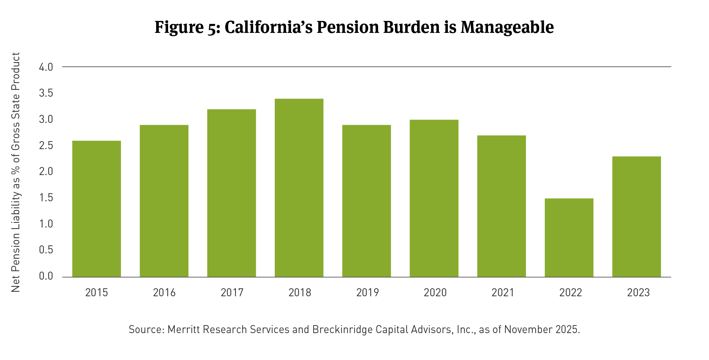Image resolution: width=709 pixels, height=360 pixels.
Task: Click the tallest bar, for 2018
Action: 299,188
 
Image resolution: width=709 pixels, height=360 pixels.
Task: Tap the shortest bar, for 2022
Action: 569,237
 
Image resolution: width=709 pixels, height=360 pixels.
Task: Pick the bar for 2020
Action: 434,198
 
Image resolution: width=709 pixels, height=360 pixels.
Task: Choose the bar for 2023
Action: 637,217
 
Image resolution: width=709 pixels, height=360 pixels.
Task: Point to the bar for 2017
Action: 232,193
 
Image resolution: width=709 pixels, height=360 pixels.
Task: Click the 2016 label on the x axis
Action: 164,293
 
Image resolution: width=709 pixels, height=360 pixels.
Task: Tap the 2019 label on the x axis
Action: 367,293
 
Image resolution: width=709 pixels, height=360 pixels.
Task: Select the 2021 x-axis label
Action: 503,293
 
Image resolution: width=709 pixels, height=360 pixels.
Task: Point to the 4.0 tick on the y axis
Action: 46,67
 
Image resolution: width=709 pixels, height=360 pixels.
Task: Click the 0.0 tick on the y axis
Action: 46,276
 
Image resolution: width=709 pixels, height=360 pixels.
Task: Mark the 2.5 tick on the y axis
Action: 46,145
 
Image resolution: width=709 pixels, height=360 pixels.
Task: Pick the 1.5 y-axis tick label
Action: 46,198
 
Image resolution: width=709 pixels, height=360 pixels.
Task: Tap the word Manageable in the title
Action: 507,27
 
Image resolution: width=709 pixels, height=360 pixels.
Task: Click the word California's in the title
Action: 268,27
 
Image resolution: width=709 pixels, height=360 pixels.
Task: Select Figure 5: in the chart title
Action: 187,27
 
